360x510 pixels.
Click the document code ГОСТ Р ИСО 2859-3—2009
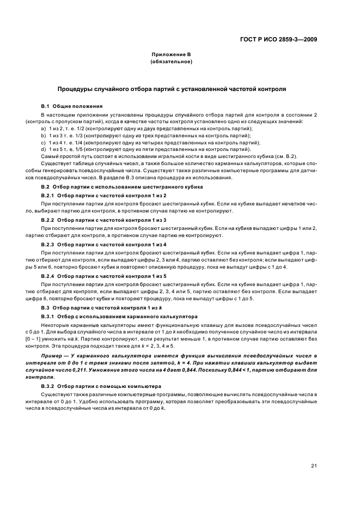[x=280, y=39]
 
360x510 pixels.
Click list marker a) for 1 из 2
[x=43, y=128]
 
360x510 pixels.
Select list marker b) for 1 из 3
[x=43, y=135]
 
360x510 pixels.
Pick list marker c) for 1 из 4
[x=43, y=142]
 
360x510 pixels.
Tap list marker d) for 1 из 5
[x=43, y=149]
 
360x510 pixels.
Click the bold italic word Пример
[x=53, y=355]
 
